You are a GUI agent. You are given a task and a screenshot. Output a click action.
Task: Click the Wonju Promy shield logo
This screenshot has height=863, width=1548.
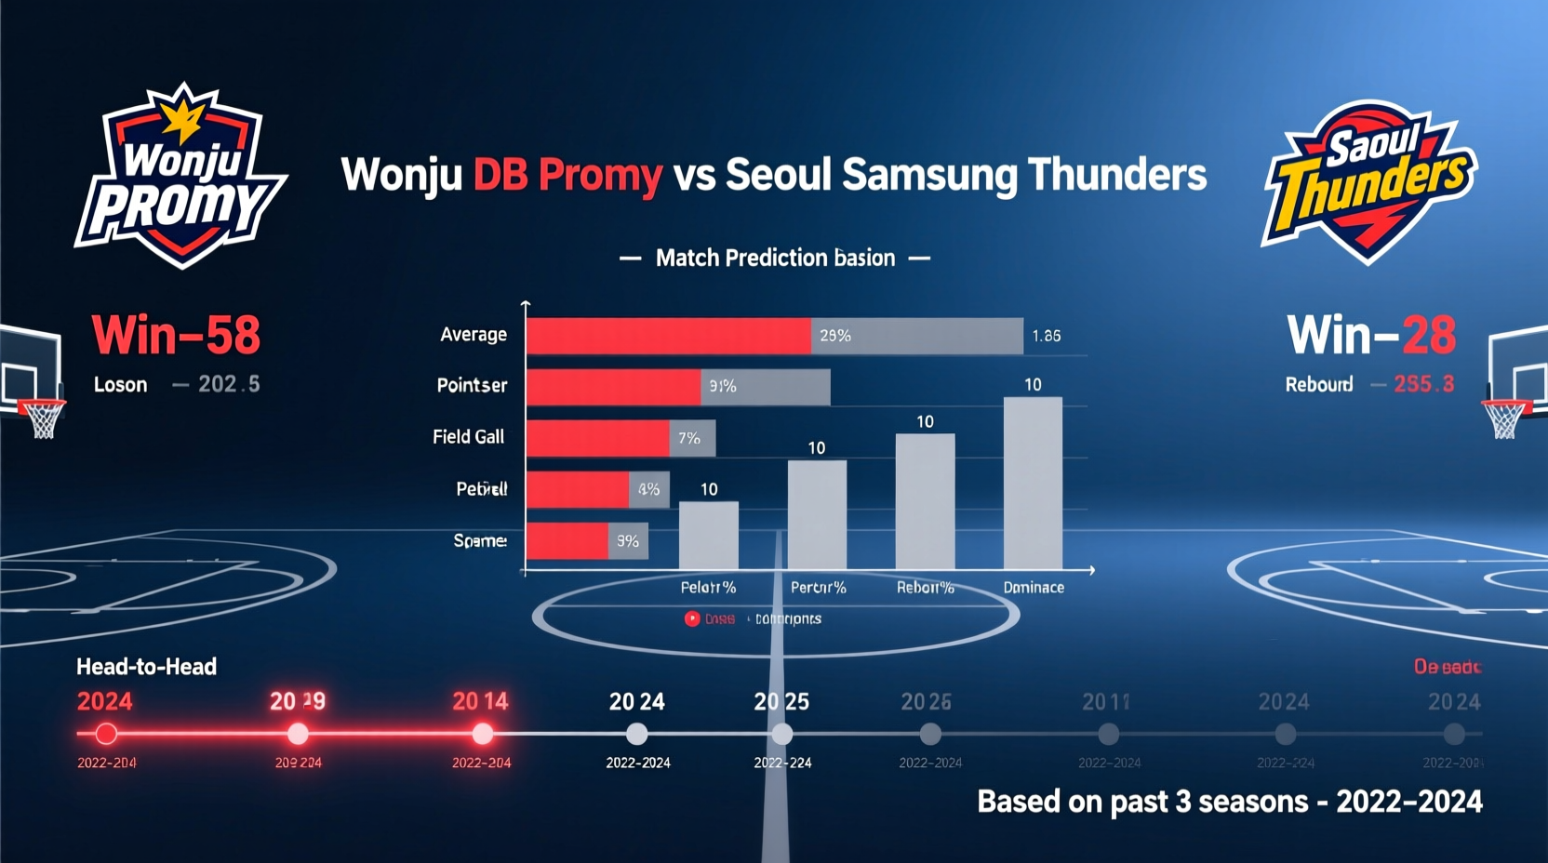(x=181, y=177)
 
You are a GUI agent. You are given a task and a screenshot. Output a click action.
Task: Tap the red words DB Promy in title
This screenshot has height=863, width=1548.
(x=567, y=175)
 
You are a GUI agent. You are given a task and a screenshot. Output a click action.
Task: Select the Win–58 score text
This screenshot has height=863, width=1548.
(x=176, y=335)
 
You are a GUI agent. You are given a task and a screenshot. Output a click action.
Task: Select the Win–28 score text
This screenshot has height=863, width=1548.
(x=1371, y=335)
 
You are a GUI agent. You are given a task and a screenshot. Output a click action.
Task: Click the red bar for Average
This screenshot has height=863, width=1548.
(x=668, y=336)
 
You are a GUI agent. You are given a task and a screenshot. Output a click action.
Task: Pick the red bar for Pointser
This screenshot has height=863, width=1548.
(x=613, y=387)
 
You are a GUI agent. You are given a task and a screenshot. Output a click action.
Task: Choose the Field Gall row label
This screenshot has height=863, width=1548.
(x=468, y=437)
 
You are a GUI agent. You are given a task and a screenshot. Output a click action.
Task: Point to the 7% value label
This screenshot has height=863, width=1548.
(x=689, y=438)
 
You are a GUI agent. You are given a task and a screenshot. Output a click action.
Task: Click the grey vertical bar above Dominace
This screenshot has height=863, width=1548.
(x=1033, y=483)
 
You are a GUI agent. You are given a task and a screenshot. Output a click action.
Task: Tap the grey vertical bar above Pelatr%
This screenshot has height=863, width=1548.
(x=709, y=536)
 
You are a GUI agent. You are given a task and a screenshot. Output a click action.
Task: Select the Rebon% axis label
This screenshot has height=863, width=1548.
(x=925, y=588)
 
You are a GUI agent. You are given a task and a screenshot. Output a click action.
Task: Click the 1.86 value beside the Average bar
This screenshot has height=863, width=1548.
(x=1047, y=336)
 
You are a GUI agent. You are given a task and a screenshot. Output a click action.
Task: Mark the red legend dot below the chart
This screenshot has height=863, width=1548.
(x=692, y=618)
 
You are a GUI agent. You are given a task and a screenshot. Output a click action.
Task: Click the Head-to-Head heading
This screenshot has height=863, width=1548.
(x=146, y=667)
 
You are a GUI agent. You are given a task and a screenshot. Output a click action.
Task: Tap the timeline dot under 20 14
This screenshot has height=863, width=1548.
(x=482, y=735)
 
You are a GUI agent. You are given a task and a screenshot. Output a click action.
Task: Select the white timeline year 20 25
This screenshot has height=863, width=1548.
(x=781, y=702)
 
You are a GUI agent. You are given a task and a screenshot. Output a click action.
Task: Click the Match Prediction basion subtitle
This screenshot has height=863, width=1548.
(x=775, y=258)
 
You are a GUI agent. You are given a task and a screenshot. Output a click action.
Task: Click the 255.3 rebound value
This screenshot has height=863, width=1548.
(x=1423, y=384)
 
